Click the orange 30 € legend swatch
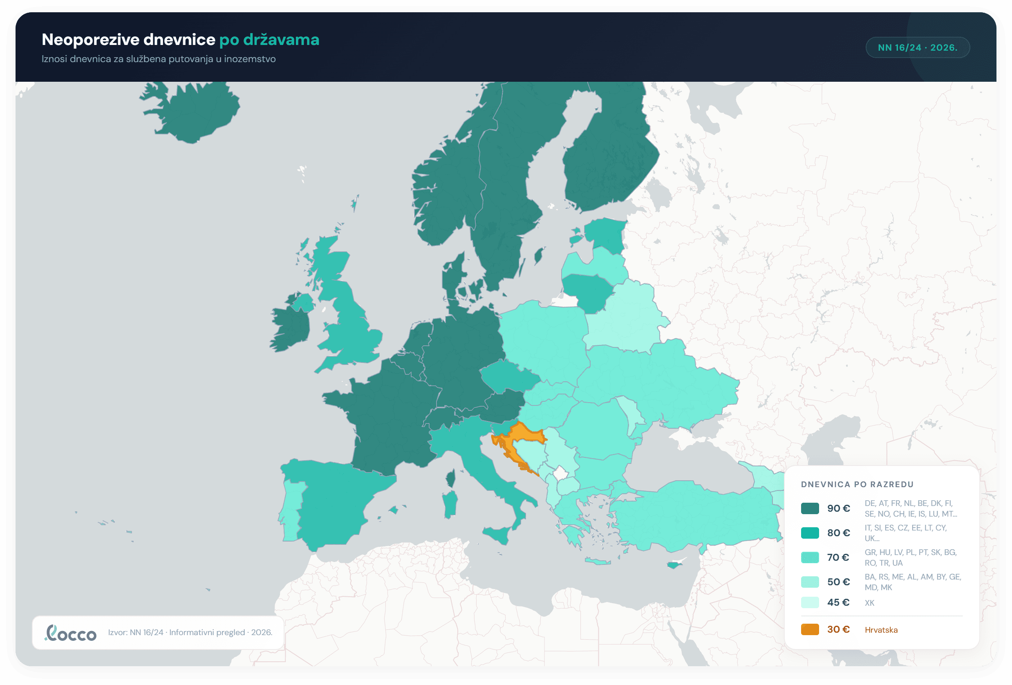point(810,629)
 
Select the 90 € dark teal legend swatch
point(810,508)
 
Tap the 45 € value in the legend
point(838,602)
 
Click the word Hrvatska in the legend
point(881,630)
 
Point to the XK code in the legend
point(869,603)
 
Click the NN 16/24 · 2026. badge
point(918,47)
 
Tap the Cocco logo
point(71,633)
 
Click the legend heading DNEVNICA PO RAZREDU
point(857,484)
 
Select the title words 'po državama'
point(269,40)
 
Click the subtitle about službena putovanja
point(159,59)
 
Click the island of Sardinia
point(450,504)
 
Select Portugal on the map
point(291,510)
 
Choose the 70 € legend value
point(838,557)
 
